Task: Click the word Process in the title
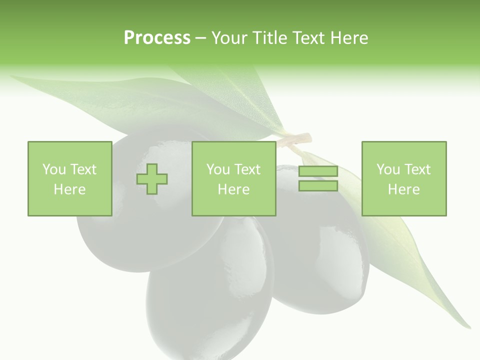(157, 38)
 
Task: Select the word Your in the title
(229, 38)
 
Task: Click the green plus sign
(152, 179)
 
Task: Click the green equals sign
(318, 178)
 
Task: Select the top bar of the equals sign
(318, 171)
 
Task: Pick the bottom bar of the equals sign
(318, 186)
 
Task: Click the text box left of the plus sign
(69, 178)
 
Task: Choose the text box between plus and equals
(233, 178)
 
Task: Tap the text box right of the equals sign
(403, 178)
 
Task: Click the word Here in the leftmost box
(69, 189)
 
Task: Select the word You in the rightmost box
(388, 169)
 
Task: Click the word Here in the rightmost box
(403, 189)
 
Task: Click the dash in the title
(201, 38)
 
